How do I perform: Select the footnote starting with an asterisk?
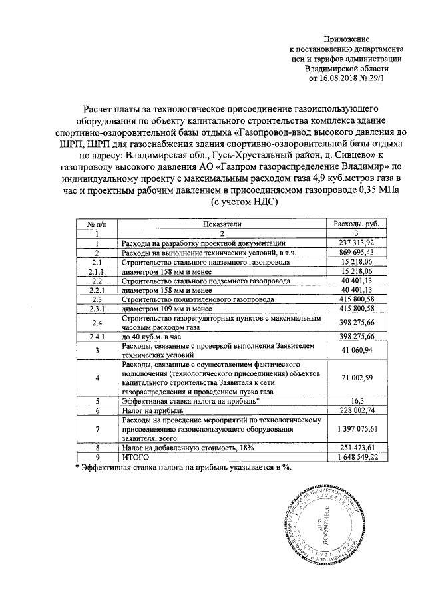[x=183, y=468]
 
